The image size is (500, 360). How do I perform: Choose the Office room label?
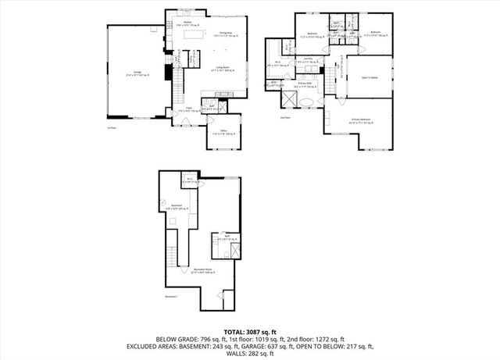coord(223,132)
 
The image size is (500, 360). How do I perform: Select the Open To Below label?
coord(371,77)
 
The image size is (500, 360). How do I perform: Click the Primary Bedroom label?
coord(360,120)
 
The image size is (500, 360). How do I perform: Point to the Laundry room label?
coord(309,59)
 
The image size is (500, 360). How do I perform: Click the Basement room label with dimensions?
coord(177,207)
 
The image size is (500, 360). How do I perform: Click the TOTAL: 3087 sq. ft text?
coord(250,332)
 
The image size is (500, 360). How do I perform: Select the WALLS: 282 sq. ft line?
coord(250,354)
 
